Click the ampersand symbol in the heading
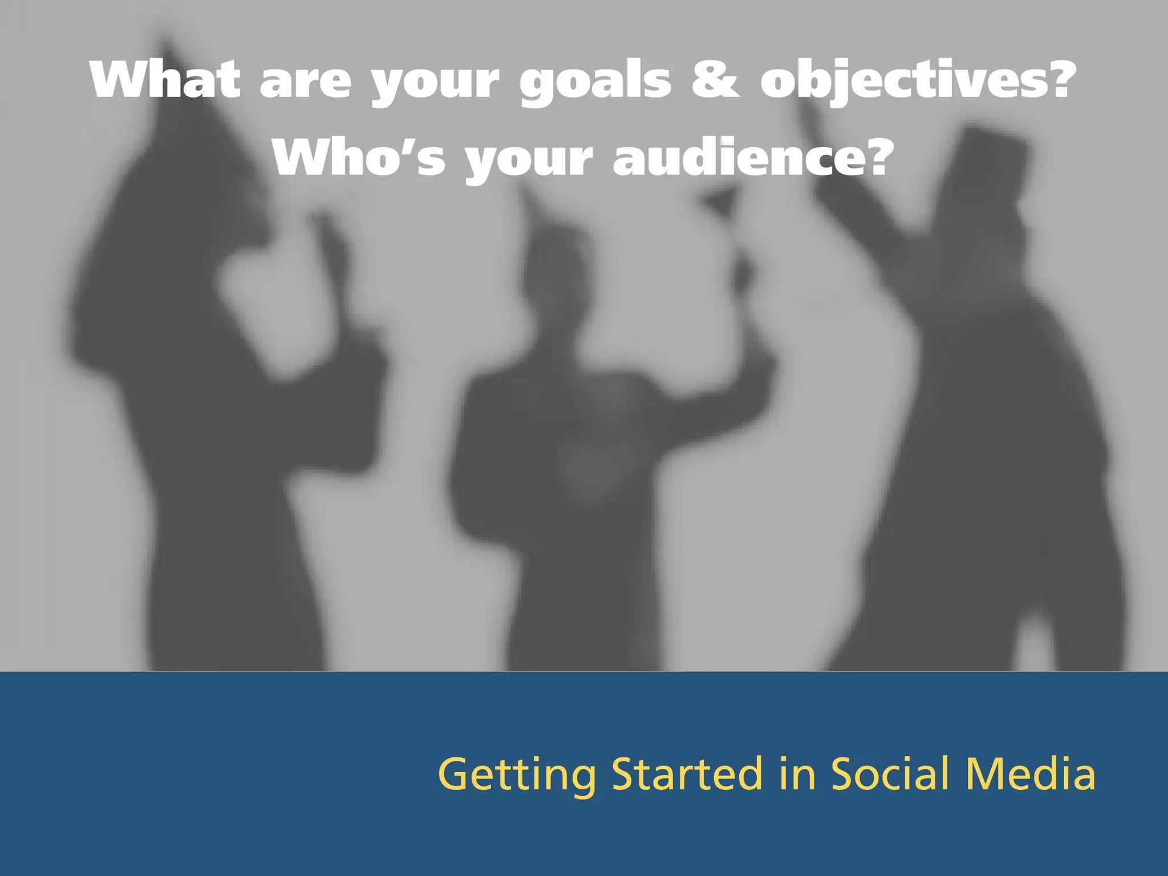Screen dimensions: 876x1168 (x=715, y=80)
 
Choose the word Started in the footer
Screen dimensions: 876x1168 (x=687, y=774)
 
